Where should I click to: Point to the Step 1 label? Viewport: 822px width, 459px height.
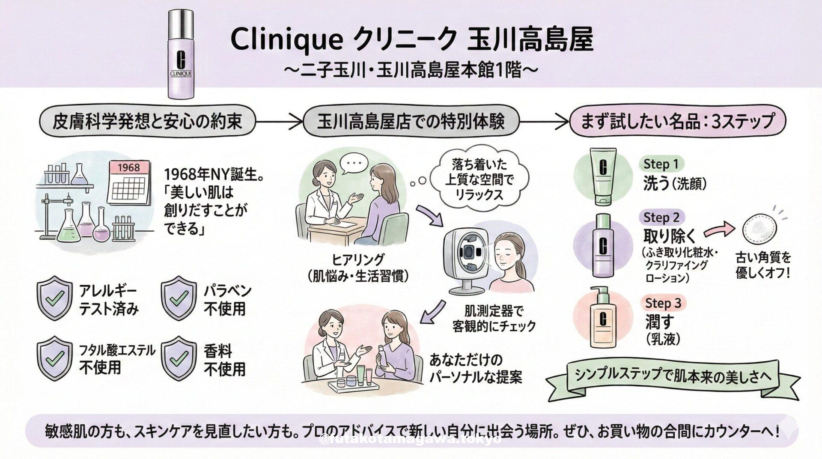(661, 164)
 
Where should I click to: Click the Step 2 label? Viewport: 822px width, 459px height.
(662, 218)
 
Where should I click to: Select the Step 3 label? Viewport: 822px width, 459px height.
(663, 303)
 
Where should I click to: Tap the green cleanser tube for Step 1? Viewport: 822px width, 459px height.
(603, 176)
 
